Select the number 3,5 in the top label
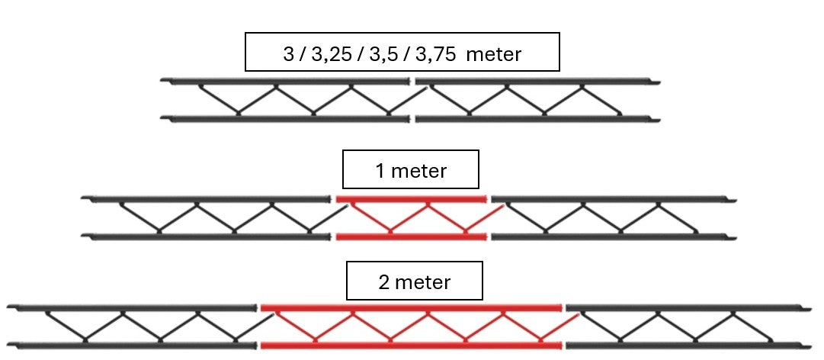pos(383,54)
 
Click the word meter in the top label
pos(493,54)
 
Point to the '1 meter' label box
pos(410,169)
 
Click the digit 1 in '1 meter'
pos(380,171)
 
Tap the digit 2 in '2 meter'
pos(384,282)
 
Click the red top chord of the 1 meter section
pos(412,199)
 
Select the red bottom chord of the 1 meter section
pos(412,237)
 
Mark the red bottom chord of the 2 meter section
pos(412,346)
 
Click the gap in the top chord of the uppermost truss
pos(412,82)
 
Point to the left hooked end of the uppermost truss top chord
pos(164,80)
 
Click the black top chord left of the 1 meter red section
pos(206,198)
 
